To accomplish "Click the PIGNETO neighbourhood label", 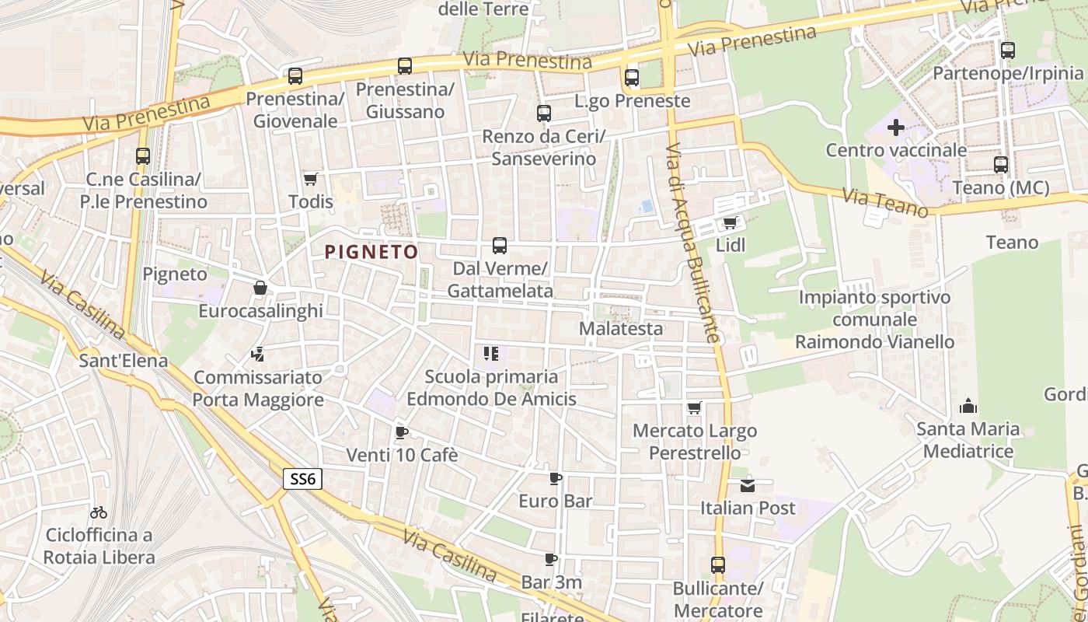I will click(x=371, y=252).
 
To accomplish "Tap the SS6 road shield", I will click(x=302, y=479).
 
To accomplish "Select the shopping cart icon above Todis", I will click(x=311, y=180).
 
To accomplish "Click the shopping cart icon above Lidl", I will click(x=730, y=223).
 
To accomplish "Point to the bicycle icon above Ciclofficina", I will click(x=99, y=512).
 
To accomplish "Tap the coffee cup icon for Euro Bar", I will click(x=555, y=478).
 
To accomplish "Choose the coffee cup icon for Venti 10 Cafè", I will click(x=401, y=432).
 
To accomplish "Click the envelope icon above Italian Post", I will click(x=748, y=486).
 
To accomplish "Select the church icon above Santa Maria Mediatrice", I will click(x=968, y=406).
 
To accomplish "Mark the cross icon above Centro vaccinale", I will click(x=896, y=128).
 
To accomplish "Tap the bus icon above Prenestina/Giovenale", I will click(x=295, y=76).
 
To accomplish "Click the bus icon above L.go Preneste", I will click(x=632, y=78).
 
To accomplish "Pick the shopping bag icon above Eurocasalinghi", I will click(x=260, y=288).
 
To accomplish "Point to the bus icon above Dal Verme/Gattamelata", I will click(x=500, y=246).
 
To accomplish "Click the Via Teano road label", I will click(x=886, y=204).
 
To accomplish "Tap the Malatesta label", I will click(x=621, y=328).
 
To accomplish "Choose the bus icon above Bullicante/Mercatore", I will click(x=718, y=565).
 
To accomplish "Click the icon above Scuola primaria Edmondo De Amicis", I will click(x=490, y=355).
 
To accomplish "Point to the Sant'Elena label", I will click(x=124, y=361).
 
